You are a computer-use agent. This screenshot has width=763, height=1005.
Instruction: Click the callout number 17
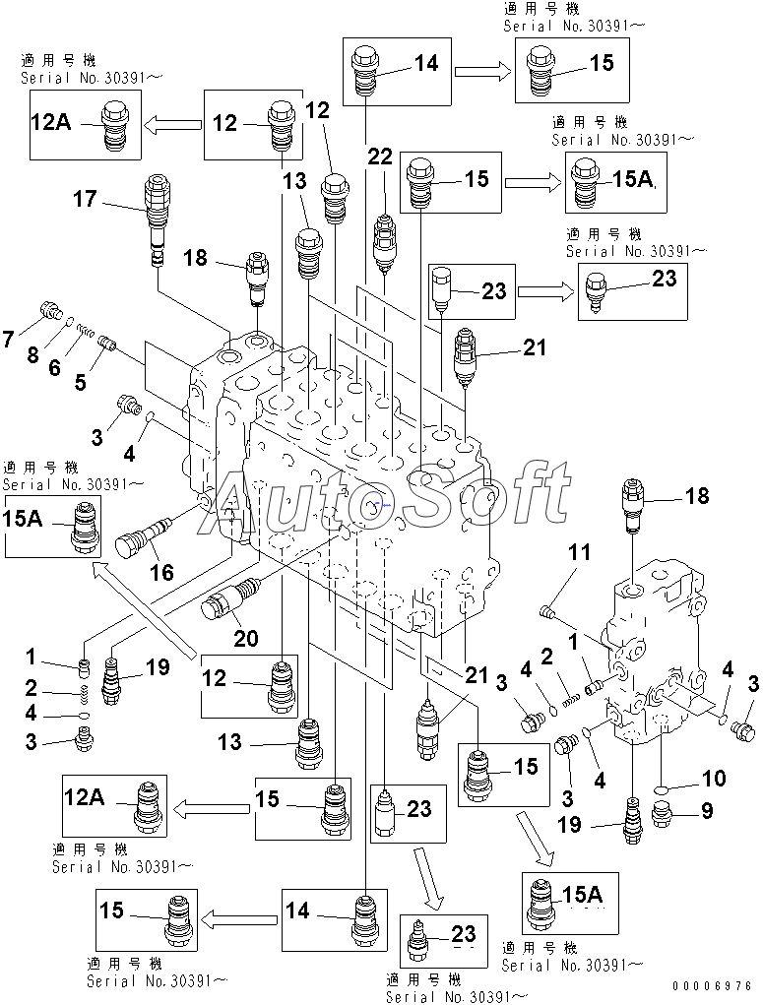click(x=85, y=199)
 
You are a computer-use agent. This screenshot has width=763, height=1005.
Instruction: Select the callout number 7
click(x=8, y=339)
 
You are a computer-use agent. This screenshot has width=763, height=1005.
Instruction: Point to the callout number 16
click(x=161, y=571)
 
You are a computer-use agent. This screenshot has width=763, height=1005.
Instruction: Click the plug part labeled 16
click(x=143, y=537)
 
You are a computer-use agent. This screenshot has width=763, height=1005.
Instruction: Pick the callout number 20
click(x=245, y=638)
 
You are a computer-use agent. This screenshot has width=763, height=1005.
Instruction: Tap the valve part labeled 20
click(x=232, y=598)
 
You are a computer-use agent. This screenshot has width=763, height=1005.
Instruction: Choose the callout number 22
click(x=380, y=157)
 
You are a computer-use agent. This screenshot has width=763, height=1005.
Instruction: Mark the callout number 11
click(x=579, y=551)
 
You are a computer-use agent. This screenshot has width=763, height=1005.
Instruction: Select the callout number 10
click(x=713, y=778)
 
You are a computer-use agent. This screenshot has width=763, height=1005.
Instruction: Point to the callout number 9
click(x=706, y=810)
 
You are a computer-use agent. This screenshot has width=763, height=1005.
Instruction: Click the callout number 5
click(x=80, y=382)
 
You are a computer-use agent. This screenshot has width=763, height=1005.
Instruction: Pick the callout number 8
click(x=33, y=354)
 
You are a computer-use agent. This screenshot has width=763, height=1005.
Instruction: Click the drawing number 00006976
click(x=713, y=985)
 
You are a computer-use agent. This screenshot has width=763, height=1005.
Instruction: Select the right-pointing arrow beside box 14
click(x=482, y=71)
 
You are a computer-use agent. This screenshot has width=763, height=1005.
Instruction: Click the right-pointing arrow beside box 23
click(x=545, y=292)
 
